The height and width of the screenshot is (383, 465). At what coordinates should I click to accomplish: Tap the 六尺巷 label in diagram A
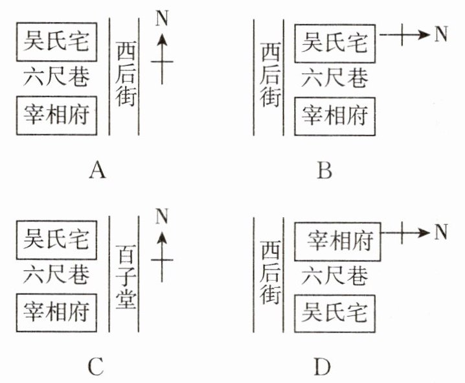click(x=56, y=77)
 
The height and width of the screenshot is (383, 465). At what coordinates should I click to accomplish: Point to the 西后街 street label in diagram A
click(x=126, y=74)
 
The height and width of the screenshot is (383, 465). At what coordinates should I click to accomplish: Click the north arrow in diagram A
click(x=162, y=58)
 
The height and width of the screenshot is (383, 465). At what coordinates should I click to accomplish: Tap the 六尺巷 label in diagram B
click(x=335, y=78)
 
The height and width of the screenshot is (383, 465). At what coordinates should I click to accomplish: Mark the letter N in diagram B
click(x=440, y=34)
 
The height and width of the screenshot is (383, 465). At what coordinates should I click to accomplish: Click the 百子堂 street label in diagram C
click(x=126, y=277)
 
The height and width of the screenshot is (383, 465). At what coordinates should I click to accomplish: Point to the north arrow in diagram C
click(x=162, y=257)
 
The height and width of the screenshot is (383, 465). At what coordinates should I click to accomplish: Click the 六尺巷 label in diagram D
click(x=335, y=275)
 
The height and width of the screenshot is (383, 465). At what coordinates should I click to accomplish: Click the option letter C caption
click(x=96, y=367)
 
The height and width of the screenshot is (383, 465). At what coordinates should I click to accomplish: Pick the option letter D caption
click(x=323, y=367)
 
